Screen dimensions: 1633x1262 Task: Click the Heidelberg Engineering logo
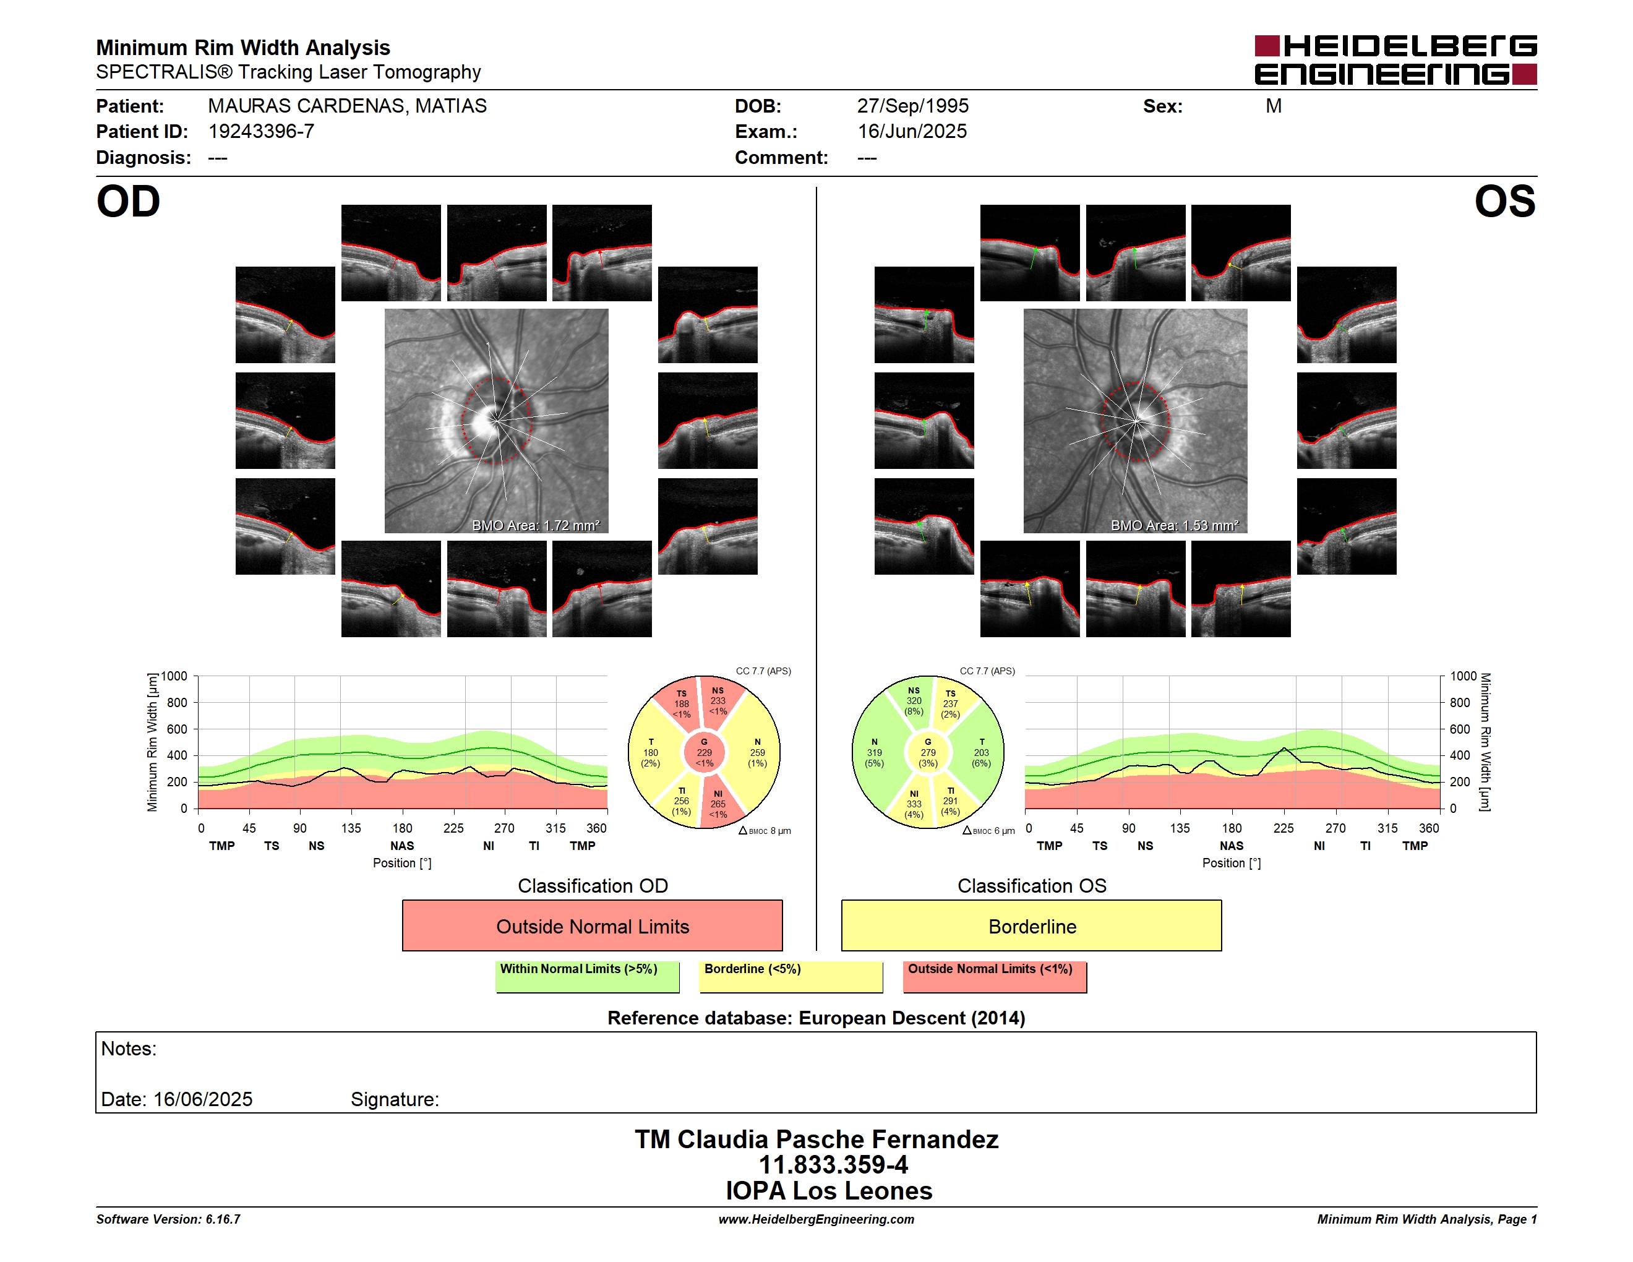1395,60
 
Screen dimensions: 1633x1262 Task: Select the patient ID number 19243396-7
261,132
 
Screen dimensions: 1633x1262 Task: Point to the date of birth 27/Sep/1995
912,106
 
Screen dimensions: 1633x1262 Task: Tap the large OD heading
128,202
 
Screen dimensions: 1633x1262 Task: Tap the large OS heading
1504,202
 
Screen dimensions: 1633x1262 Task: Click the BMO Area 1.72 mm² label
535,526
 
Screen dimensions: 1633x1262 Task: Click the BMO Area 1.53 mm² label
1174,526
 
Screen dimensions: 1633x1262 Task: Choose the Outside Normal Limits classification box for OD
592,925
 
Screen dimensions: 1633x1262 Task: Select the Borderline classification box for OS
1031,925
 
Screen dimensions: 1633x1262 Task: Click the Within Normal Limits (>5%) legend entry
587,976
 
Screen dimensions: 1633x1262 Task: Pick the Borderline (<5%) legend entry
791,976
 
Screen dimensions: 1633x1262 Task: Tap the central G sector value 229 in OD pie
705,753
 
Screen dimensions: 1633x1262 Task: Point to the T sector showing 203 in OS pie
981,753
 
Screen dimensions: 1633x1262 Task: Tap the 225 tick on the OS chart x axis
1283,828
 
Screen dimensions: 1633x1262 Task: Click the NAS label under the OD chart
402,846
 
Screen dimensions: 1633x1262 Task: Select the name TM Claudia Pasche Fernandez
816,1140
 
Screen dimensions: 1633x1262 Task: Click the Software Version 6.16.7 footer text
168,1219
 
